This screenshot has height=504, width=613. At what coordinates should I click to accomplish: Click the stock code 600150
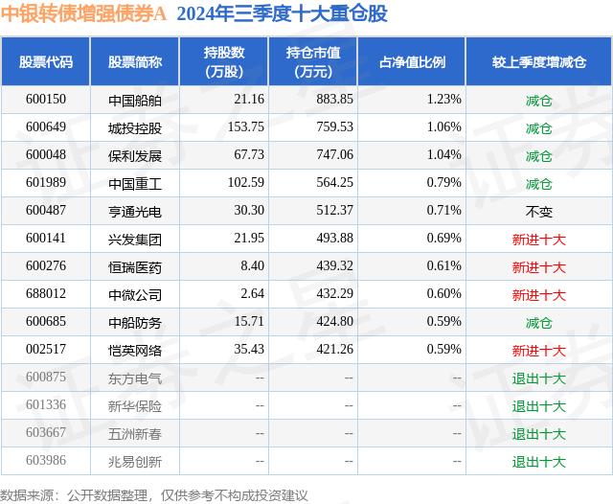pos(46,100)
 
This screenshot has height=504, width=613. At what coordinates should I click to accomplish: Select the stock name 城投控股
pos(135,127)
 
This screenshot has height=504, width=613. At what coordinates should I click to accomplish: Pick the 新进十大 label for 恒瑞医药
pos(539,267)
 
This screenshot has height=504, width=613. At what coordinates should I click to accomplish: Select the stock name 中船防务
pos(135,323)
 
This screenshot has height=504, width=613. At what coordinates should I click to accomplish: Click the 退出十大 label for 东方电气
pos(539,378)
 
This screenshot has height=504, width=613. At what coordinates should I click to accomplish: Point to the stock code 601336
pos(46,406)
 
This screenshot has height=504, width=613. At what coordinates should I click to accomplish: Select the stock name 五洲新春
pos(135,434)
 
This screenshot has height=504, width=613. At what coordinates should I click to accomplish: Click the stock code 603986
pos(46,462)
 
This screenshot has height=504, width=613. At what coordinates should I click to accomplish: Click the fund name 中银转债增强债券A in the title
pos(82,14)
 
